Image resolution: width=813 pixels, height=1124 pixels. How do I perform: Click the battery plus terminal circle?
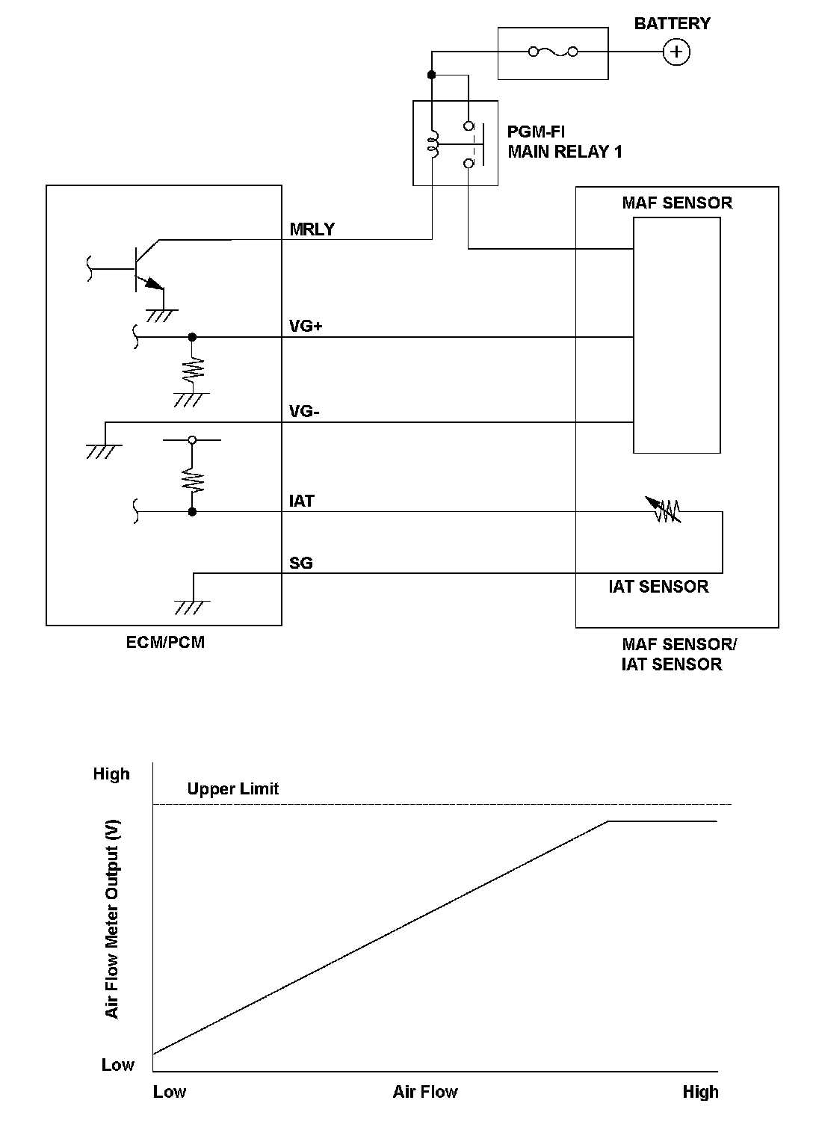[676, 52]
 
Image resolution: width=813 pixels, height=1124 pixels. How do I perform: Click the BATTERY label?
[672, 24]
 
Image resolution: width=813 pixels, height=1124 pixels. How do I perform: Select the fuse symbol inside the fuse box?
[553, 52]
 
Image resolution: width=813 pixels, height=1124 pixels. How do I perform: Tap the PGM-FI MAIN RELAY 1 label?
[565, 142]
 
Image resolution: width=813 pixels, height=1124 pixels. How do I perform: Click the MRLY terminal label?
[312, 229]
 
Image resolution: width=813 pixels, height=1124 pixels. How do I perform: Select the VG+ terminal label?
[306, 327]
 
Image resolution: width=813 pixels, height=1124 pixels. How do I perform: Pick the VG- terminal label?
[304, 412]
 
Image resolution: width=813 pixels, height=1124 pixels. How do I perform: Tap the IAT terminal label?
[302, 501]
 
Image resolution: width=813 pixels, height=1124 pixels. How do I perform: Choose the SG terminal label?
[301, 563]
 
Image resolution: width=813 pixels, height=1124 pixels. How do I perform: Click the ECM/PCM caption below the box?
[165, 642]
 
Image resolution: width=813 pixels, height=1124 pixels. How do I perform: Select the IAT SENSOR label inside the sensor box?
[658, 587]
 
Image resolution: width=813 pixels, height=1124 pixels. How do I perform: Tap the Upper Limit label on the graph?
[233, 788]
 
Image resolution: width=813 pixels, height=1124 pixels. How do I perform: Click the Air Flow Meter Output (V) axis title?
[113, 918]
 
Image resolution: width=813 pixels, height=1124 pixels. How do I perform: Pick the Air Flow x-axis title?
[425, 1092]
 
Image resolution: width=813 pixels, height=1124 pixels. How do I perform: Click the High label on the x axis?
[700, 1092]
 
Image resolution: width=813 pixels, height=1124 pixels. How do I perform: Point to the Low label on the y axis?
[118, 1065]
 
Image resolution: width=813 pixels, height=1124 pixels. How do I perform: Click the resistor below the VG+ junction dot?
[193, 368]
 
